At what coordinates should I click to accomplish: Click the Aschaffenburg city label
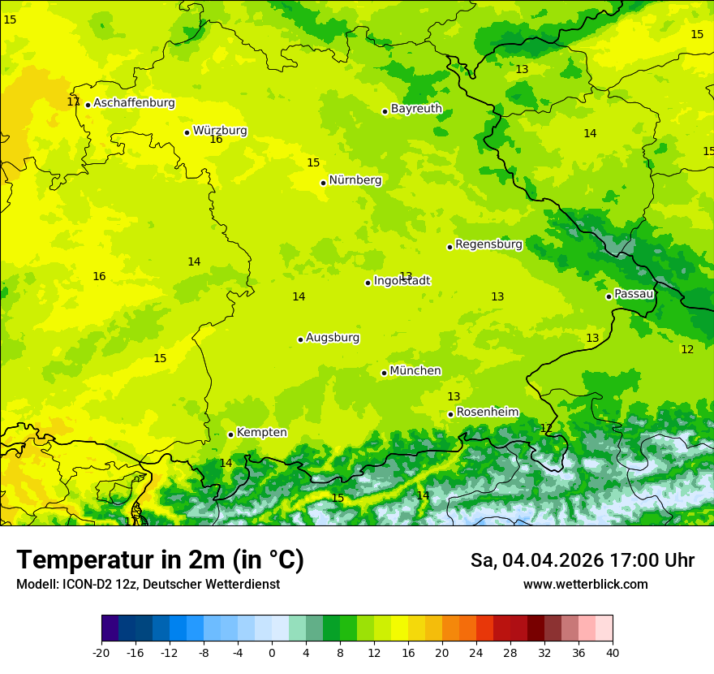click(x=134, y=103)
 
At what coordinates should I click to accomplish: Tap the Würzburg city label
click(x=220, y=131)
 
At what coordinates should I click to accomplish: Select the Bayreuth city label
click(x=416, y=109)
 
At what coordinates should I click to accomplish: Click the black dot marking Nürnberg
click(x=323, y=183)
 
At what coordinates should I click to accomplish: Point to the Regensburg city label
click(x=488, y=244)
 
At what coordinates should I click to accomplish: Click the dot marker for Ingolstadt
click(x=368, y=283)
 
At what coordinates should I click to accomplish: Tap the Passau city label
click(x=634, y=294)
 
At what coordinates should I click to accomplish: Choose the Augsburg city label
click(x=333, y=338)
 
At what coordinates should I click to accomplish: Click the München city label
click(x=415, y=371)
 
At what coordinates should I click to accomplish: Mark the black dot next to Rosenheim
click(x=450, y=414)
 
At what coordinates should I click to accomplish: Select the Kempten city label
click(x=261, y=433)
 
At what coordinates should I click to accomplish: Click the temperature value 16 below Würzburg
click(x=216, y=140)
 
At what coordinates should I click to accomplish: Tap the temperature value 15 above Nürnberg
click(x=313, y=163)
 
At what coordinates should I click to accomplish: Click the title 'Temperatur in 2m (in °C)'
click(x=160, y=560)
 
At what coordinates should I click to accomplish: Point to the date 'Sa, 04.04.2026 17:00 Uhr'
click(x=582, y=560)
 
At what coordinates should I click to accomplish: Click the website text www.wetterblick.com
click(x=585, y=585)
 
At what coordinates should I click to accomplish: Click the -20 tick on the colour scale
click(x=101, y=652)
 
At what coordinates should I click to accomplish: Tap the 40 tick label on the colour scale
click(x=612, y=652)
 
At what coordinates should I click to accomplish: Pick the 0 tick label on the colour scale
click(x=272, y=652)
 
